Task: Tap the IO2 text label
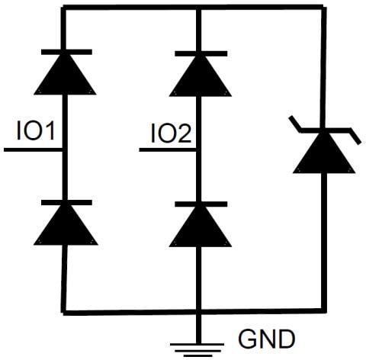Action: (x=170, y=133)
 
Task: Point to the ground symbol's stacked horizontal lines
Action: (x=198, y=348)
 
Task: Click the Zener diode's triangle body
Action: (x=324, y=156)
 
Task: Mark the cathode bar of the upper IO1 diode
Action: (x=64, y=52)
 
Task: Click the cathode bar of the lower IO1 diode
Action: (x=64, y=203)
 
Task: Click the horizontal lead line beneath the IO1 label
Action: (x=34, y=149)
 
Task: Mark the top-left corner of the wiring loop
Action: (x=64, y=8)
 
